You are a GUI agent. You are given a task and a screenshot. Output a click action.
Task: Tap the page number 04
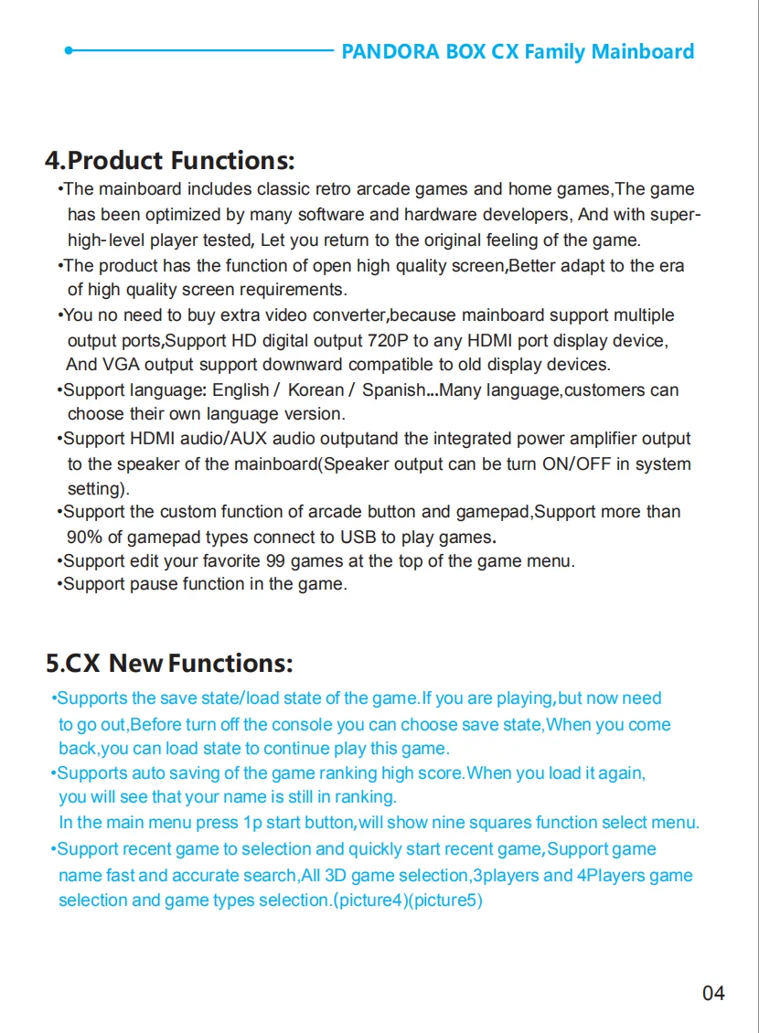(713, 993)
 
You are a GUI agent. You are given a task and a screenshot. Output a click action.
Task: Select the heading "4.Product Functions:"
(170, 162)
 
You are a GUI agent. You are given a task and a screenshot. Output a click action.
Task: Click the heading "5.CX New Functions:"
(169, 663)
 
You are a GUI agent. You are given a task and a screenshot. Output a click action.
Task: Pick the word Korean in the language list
(315, 390)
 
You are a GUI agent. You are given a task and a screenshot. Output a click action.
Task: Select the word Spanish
(393, 390)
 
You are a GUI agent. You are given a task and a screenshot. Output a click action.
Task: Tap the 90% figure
(84, 537)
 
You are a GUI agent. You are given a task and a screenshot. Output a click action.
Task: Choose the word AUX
(250, 439)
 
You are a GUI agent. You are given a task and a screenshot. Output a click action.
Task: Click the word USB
(358, 537)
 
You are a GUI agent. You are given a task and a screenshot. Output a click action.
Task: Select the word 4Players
(613, 875)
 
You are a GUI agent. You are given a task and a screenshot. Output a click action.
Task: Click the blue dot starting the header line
(69, 51)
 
